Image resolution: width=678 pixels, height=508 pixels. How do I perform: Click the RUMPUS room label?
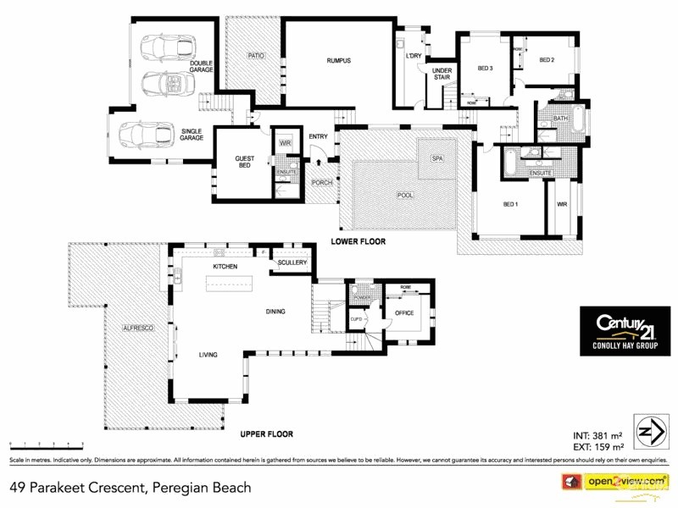coord(338,61)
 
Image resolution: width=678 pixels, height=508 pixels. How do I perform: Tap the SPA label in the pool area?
coord(437,158)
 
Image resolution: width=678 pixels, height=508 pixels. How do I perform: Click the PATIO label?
coord(256,55)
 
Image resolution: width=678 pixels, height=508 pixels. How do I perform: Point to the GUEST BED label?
coord(245,161)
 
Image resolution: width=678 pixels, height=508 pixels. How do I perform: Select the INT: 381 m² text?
coord(598,436)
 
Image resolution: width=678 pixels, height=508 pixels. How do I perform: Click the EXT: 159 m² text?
coord(598,447)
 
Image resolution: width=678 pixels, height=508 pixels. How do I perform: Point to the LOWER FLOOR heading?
coord(358,241)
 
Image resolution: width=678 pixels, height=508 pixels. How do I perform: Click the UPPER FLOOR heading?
coord(266,434)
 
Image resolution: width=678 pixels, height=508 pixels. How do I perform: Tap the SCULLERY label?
coord(291,262)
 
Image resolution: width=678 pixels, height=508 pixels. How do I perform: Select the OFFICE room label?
coord(403,313)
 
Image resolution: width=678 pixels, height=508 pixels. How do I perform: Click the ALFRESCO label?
coord(137,327)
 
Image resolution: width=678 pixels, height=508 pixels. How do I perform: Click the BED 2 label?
coord(547,60)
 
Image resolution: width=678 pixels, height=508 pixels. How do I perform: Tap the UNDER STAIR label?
coord(442,74)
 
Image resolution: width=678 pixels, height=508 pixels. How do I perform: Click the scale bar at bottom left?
coord(47,444)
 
